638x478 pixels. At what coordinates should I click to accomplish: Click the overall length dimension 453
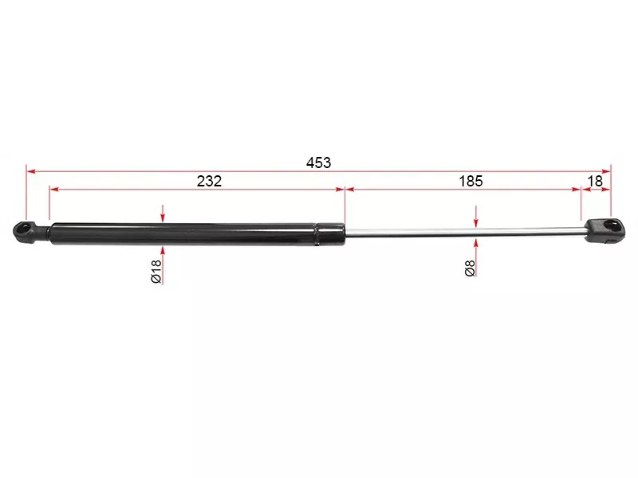(x=318, y=163)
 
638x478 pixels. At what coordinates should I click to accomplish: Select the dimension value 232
(x=209, y=181)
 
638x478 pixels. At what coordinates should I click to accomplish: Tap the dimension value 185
(x=471, y=181)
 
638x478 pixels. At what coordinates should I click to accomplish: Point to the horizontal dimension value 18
(x=595, y=181)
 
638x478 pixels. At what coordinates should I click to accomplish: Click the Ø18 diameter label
(x=156, y=272)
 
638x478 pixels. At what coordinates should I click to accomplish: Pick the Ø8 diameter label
(x=470, y=268)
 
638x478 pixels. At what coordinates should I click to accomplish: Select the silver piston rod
(x=465, y=231)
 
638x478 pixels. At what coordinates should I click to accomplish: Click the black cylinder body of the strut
(x=184, y=233)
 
